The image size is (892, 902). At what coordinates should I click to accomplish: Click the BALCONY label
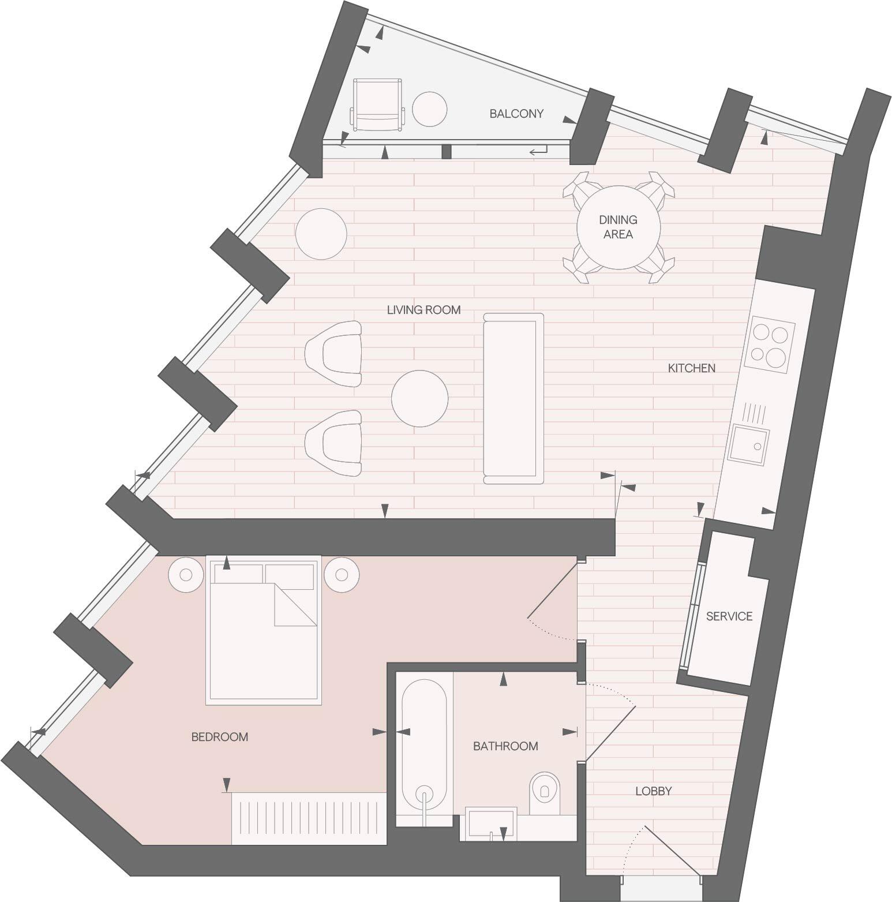click(x=516, y=114)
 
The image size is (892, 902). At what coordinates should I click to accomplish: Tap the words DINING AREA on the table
click(x=618, y=227)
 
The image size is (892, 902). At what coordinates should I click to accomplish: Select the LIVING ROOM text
click(x=423, y=310)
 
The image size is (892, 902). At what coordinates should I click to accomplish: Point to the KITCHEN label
click(x=691, y=368)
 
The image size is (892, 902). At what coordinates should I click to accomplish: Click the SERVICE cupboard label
click(x=729, y=616)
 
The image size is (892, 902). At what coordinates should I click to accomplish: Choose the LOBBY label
click(x=653, y=791)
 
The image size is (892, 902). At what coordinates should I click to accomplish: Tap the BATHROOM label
click(x=505, y=746)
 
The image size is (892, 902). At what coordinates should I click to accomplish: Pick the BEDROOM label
click(x=219, y=737)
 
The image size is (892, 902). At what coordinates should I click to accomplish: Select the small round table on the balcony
click(x=430, y=109)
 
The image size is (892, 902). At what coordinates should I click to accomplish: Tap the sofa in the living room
click(x=514, y=398)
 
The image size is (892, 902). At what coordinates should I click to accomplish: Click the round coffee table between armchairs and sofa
click(x=419, y=398)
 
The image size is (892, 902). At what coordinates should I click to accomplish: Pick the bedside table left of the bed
click(x=186, y=575)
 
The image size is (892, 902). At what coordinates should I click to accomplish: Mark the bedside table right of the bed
click(x=342, y=575)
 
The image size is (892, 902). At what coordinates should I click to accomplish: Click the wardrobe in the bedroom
click(x=308, y=818)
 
